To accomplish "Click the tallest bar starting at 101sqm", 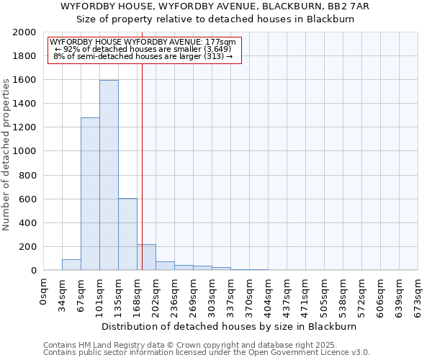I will [x=109, y=175].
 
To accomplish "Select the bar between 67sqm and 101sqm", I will [x=90, y=194].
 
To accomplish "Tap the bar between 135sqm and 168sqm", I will [x=127, y=234].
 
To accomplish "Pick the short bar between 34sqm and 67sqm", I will [x=71, y=264].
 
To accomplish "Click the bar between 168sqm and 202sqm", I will [x=146, y=257].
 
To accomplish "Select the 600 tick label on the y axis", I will [x=27, y=199].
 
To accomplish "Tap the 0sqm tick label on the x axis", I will [x=44, y=292].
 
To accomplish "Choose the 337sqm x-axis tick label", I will [x=231, y=296].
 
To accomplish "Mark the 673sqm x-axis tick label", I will [x=418, y=296].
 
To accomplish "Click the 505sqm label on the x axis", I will [x=325, y=296].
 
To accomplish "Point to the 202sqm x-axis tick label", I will [x=156, y=296].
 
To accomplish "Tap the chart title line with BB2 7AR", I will [x=215, y=6].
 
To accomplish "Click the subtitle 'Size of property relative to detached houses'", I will [x=215, y=19].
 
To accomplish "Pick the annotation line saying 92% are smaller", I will [x=144, y=49].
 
